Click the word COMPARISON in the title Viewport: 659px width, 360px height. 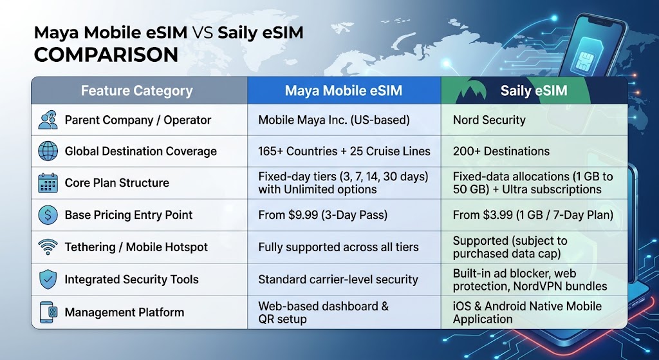pos(106,55)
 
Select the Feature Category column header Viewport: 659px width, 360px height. pos(136,90)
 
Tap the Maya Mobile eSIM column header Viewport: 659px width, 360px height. pos(344,90)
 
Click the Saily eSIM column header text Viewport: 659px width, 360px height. pos(534,90)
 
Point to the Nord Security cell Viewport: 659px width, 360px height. pos(489,120)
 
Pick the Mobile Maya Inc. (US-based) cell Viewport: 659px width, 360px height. pos(334,120)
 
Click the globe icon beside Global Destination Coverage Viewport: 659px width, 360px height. pos(48,151)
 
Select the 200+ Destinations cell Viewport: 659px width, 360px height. pos(501,151)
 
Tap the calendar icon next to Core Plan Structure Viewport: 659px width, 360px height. pos(48,183)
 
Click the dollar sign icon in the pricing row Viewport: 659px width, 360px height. pos(48,215)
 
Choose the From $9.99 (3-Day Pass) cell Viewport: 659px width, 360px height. pos(323,215)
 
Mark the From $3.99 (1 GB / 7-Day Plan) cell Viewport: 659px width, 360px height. pos(533,215)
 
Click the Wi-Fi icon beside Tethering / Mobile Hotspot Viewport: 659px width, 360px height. pos(48,247)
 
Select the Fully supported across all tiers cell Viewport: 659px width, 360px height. pos(339,247)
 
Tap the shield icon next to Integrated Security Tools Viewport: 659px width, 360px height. pos(48,279)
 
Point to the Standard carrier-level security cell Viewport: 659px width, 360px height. pos(338,279)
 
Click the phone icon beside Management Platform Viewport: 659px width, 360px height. pos(48,312)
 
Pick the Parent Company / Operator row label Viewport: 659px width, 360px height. pos(138,120)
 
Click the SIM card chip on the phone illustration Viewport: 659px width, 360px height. pos(584,59)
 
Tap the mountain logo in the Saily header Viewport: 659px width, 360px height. pos(471,91)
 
